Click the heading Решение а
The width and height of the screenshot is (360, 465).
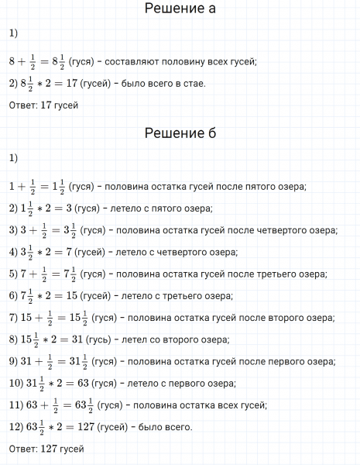click(x=180, y=10)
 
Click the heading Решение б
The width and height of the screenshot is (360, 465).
click(x=180, y=133)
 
